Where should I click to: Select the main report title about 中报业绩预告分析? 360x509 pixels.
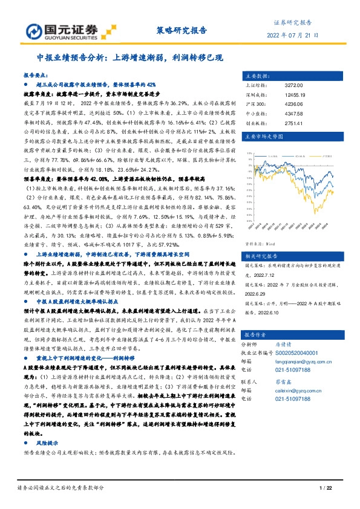130,58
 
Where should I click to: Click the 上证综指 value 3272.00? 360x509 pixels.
293,86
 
